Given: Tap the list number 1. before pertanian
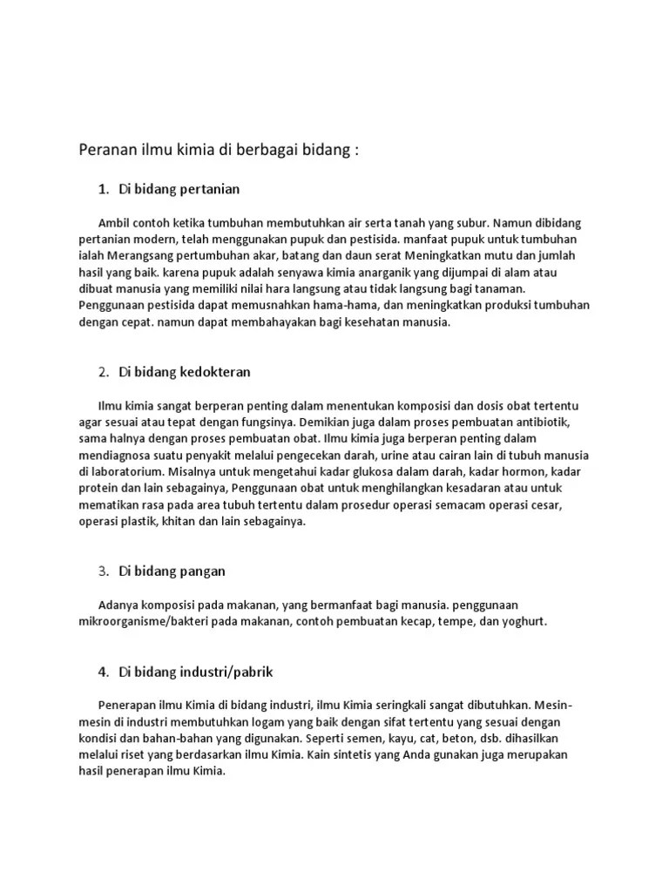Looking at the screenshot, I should (x=104, y=188).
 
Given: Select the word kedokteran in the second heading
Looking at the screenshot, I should (x=215, y=372).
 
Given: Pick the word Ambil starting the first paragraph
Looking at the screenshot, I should (x=117, y=222).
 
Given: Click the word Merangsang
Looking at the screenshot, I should (x=140, y=255).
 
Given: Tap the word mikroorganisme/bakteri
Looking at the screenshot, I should (x=143, y=622).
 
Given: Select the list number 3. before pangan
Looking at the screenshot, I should (x=104, y=571).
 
